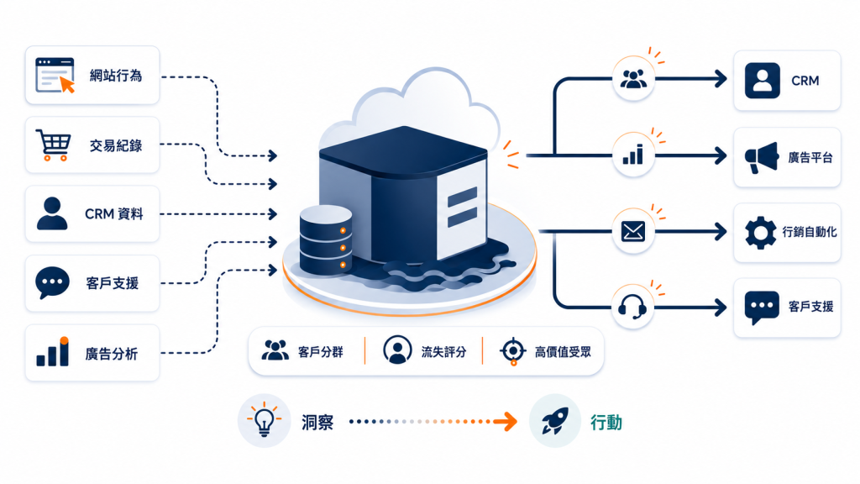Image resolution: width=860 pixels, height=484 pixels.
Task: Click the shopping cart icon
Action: point(53,145)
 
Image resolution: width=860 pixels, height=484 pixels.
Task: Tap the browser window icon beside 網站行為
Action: point(55,75)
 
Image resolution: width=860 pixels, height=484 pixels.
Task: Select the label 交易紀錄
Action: point(116,145)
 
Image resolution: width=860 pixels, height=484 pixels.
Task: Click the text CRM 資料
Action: point(113,213)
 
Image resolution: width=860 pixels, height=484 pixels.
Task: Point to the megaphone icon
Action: point(761,157)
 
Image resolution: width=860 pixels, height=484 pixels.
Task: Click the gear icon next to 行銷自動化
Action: point(761,233)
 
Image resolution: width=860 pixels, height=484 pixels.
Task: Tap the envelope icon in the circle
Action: point(633,231)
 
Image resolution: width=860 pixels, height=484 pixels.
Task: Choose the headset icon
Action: point(632,307)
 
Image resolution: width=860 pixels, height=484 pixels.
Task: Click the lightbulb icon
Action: point(264,420)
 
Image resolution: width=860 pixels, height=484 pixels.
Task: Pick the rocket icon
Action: point(555,422)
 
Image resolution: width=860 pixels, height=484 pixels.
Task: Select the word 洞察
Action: point(317,422)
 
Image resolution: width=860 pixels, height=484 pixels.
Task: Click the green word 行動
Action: point(606,423)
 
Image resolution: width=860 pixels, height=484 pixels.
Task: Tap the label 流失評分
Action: point(443,352)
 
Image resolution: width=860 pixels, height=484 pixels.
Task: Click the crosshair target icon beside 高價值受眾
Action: point(513,351)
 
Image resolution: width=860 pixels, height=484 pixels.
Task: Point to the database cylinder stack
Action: point(326,240)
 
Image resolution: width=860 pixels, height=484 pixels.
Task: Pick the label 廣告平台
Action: point(810,157)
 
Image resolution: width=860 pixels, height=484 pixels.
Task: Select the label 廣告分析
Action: point(112,354)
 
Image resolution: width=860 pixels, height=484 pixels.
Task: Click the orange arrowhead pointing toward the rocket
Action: point(507,422)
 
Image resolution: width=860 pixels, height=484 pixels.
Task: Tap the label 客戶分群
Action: point(320,352)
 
